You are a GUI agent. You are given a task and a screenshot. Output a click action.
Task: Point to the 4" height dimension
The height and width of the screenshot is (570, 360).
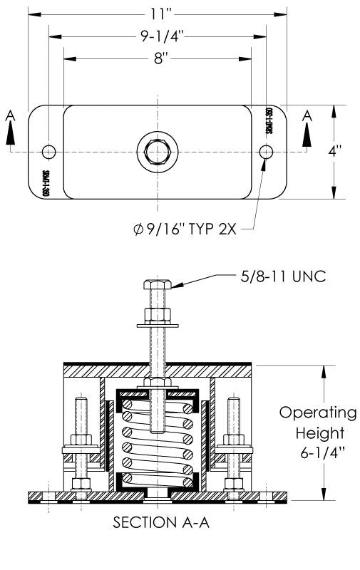click(344, 152)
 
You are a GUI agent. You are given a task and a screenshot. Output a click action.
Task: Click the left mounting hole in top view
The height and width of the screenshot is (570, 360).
click(48, 152)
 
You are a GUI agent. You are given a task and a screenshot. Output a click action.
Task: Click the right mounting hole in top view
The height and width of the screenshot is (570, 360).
click(267, 152)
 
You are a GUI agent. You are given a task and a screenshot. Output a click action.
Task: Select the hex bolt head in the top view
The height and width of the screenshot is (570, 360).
click(156, 152)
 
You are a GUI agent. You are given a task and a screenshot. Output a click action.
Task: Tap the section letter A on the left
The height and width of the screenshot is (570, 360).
click(9, 115)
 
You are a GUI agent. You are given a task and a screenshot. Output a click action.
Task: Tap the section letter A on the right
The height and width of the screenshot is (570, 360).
click(307, 115)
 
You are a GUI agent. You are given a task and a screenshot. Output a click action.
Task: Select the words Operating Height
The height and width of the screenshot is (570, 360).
click(317, 423)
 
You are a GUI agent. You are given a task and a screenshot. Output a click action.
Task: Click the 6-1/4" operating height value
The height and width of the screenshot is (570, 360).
click(317, 453)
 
